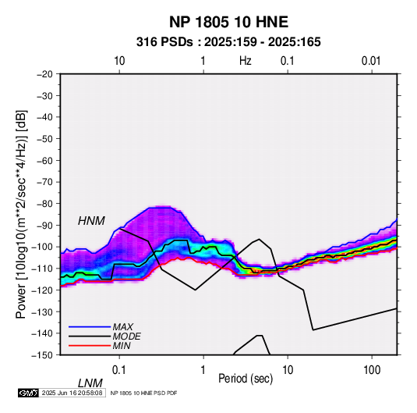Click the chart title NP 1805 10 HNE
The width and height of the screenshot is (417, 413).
(x=228, y=22)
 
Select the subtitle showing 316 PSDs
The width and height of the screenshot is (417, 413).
(x=228, y=42)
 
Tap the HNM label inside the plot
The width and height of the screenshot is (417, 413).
(x=91, y=221)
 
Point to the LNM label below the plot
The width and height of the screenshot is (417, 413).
(x=90, y=383)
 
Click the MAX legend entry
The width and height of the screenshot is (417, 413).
(x=122, y=326)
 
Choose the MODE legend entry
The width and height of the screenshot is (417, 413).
(x=126, y=336)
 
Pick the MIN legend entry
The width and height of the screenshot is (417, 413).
(x=122, y=346)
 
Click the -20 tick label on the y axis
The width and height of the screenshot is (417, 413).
(x=44, y=74)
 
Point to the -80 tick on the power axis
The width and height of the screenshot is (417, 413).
(x=44, y=204)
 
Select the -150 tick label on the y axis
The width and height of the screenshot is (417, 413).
(x=42, y=355)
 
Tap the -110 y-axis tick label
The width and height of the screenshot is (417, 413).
(x=42, y=269)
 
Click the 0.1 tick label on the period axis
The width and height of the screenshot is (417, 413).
(x=119, y=370)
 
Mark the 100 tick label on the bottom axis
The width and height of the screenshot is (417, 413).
(x=372, y=370)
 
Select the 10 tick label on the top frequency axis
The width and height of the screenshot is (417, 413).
(x=119, y=61)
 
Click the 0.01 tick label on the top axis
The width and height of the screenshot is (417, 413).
(x=371, y=61)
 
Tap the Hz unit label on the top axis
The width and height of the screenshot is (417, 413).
(x=246, y=61)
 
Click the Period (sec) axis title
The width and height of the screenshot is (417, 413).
(x=246, y=379)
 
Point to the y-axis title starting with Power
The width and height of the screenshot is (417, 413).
(x=21, y=214)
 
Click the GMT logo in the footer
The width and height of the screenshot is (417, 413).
(x=29, y=393)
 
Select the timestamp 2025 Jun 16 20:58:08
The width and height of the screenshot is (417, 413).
(x=72, y=393)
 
